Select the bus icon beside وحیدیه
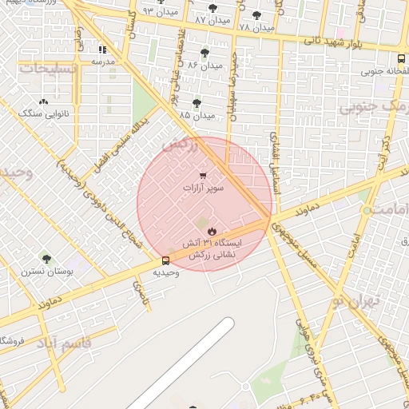(x=165, y=260)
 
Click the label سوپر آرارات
(x=203, y=188)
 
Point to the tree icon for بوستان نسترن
(x=46, y=259)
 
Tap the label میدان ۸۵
(x=197, y=116)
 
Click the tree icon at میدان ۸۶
(x=204, y=53)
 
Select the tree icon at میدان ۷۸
(x=256, y=15)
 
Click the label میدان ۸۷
(x=212, y=18)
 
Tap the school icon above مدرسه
(x=102, y=50)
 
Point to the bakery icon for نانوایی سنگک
(x=43, y=101)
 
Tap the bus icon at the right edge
(x=401, y=58)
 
